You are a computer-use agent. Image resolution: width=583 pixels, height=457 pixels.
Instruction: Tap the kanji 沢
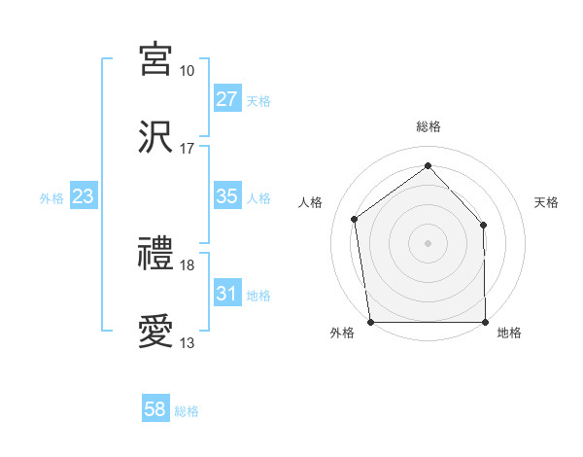pos(155,135)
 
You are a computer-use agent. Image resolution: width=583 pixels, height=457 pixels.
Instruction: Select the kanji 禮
pos(155,255)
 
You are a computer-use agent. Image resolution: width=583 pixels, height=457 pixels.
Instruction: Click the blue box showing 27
pos(227,99)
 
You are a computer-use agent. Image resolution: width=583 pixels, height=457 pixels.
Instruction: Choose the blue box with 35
pos(227,196)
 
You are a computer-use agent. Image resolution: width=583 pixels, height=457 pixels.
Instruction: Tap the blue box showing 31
pos(227,294)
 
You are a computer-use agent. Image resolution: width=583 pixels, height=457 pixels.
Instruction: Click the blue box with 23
pos(84,196)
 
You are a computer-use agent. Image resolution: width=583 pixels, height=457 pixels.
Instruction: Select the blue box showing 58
pos(155,409)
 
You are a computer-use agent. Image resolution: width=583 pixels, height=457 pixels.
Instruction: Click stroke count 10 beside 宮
pos(187,71)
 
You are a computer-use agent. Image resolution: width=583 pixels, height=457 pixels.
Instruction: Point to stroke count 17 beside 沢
pos(187,149)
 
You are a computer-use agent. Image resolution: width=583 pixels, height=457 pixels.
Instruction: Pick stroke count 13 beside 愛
pos(187,343)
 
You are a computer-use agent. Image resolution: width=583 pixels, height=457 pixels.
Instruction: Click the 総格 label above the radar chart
pos(429,126)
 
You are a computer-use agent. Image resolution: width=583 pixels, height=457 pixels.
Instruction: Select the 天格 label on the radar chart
pos(546,202)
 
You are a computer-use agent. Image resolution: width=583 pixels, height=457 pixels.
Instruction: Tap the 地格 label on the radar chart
pos(509,334)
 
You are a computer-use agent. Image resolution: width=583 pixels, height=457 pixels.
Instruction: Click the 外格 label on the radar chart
pos(342,334)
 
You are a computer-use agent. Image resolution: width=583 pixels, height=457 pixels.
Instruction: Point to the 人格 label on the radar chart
pos(311,202)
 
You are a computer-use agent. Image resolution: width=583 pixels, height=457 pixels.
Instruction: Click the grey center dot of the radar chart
pos(428,242)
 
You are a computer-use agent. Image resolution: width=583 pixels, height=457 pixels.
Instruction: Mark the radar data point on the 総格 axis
pos(428,166)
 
